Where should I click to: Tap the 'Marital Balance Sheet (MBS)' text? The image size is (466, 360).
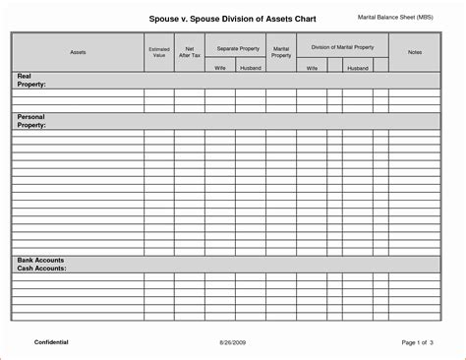tap(395, 18)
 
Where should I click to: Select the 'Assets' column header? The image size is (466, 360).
tap(78, 51)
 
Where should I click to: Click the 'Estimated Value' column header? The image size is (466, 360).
tap(158, 51)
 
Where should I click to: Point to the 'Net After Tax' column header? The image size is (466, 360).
tap(189, 51)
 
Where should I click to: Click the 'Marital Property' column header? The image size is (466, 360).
tap(281, 51)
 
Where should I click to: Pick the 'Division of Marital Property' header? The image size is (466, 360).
tap(342, 46)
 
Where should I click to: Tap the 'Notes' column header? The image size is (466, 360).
tap(414, 51)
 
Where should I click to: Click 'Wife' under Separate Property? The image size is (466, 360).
tap(220, 68)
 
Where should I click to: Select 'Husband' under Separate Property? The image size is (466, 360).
tap(250, 68)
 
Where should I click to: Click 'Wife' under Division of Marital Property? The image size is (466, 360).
tap(312, 68)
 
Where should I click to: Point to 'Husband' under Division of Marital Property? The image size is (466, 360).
tap(357, 68)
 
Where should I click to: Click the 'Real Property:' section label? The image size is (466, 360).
tap(31, 81)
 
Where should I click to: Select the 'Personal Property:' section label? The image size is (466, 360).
tap(31, 121)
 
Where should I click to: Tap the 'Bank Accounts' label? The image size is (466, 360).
tap(40, 260)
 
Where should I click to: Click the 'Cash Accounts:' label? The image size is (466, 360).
tap(41, 268)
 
